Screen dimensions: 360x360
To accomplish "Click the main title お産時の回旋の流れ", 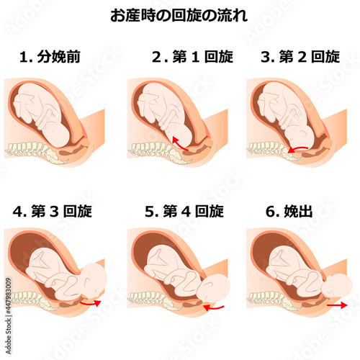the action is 179,16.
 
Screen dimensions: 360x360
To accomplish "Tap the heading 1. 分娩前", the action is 50,57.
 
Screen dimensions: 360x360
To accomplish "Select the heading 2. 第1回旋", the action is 192,57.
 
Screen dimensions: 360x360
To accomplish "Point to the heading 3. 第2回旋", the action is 300,57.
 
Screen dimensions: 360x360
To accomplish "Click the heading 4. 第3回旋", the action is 53,212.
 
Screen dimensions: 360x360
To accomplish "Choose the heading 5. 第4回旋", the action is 184,212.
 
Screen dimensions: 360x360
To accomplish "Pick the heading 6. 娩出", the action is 289,212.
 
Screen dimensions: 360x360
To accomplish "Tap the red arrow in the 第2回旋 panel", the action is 297,149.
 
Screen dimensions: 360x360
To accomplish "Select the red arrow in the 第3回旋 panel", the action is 91,304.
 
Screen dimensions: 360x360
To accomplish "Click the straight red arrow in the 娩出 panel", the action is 337,305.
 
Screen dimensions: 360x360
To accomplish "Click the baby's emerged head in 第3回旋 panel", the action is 94,279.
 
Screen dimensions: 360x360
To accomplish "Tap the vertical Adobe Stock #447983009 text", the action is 9,316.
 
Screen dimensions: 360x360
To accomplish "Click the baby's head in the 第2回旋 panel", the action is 300,136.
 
